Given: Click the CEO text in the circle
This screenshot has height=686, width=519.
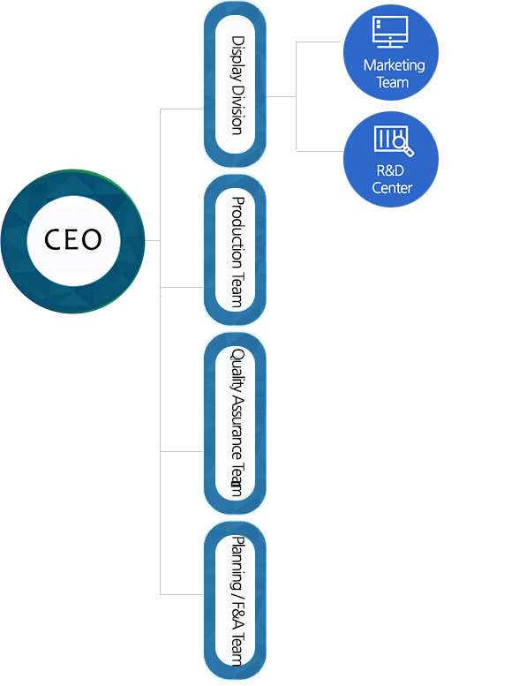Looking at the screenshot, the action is tap(73, 239).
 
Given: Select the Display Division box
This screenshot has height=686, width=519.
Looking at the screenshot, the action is tap(236, 85).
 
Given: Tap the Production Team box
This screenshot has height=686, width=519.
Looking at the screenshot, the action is tap(236, 250).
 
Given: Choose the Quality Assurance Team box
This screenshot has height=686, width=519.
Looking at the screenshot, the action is tap(236, 423).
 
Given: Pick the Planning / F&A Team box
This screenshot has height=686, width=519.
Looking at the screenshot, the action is tap(236, 600).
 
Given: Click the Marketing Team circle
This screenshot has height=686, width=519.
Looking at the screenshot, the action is tap(391, 52).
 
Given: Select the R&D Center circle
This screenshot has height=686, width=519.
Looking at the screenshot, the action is tap(391, 159).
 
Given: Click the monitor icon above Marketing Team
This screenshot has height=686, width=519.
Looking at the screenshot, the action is tap(390, 32).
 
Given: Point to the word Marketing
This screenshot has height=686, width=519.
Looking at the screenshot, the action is tap(394, 65).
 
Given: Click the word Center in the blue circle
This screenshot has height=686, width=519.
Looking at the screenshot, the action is tap(392, 188).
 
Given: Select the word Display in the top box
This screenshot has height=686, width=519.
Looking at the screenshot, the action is tap(237, 58).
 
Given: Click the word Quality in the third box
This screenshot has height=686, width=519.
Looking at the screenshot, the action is tap(237, 370).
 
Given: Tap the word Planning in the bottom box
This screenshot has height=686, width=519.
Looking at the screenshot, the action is tap(237, 564).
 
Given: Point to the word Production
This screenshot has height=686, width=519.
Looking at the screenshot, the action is tap(237, 233).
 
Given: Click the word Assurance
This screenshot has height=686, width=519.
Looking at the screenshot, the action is tap(237, 427).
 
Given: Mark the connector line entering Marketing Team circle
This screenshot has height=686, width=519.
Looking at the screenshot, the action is tap(319, 42).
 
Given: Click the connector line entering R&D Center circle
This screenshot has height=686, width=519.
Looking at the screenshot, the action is tap(320, 151).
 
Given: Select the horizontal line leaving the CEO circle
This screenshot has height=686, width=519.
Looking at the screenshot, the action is tap(153, 240).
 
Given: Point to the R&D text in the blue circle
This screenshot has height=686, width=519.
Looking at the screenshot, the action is tap(390, 170).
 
